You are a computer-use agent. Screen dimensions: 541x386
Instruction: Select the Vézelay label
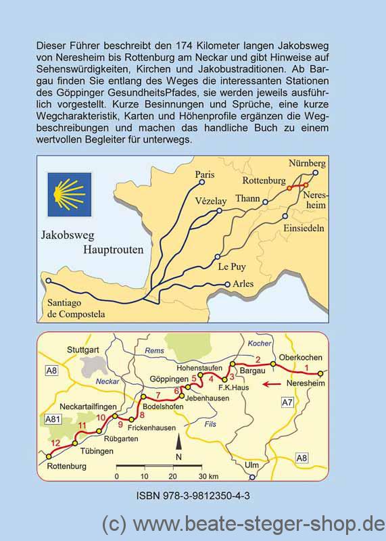[210, 202]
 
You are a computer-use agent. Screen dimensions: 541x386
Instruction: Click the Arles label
[243, 284]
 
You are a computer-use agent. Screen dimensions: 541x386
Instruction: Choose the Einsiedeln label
[304, 229]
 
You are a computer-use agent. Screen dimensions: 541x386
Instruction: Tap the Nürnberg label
[307, 164]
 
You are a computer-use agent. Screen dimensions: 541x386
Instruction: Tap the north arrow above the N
[178, 443]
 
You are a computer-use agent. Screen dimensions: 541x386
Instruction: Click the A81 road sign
[52, 420]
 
